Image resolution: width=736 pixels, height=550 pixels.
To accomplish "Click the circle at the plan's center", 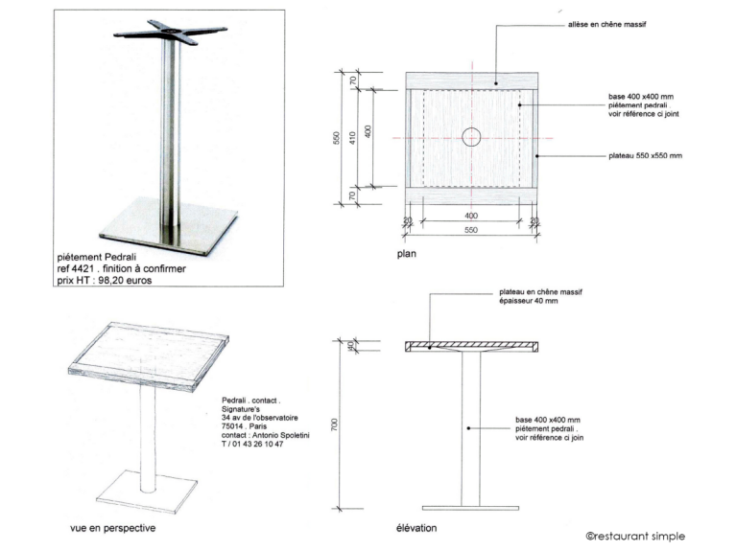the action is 471,137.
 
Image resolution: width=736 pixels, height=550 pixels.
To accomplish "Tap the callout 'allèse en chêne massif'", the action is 606,24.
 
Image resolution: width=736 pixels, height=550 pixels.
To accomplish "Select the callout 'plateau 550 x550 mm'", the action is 646,155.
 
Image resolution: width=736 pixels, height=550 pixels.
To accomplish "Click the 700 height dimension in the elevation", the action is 334,424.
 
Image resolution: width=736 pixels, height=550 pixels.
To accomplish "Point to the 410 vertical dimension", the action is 352,138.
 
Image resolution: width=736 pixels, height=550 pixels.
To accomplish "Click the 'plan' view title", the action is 407,254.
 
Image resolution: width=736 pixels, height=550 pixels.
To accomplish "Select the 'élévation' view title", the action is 416,528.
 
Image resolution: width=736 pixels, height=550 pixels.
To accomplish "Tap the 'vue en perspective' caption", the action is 112,528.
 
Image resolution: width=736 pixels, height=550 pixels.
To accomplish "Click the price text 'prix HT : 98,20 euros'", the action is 105,281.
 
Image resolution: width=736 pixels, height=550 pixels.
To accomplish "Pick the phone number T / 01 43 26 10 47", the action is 252,444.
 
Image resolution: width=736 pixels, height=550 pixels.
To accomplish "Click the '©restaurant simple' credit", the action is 635,536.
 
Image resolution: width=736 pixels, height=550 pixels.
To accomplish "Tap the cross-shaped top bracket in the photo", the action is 171,32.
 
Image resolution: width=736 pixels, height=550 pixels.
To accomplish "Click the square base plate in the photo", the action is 169,226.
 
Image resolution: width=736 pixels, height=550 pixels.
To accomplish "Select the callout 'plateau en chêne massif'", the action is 541,291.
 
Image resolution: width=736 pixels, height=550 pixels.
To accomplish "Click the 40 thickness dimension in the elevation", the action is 350,346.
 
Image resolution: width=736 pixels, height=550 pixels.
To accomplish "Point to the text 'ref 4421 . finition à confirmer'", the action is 121,268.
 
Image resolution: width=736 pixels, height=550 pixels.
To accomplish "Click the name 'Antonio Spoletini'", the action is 281,435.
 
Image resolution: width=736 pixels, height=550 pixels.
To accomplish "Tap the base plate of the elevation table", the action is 470,508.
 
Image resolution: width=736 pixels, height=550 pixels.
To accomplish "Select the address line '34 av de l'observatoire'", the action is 260,418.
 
